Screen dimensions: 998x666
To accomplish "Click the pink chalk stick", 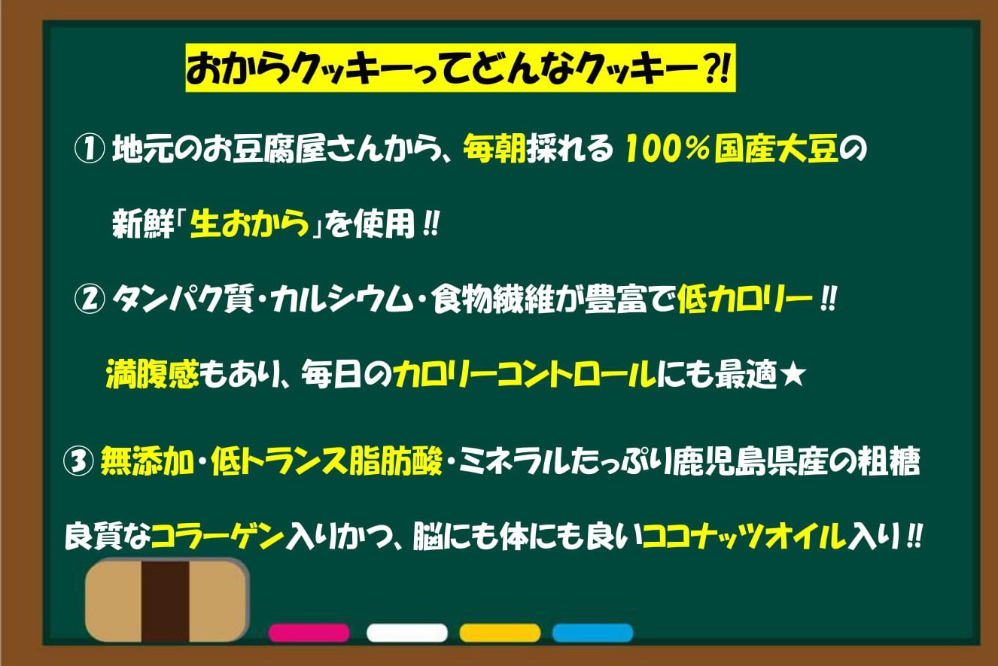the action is pyautogui.click(x=309, y=633).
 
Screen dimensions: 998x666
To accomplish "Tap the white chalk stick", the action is pyautogui.click(x=406, y=633).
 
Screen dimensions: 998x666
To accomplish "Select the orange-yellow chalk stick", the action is pyautogui.click(x=500, y=633).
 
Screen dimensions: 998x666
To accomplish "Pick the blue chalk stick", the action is pyautogui.click(x=592, y=633).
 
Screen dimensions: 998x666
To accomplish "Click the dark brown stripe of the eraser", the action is pyautogui.click(x=166, y=601).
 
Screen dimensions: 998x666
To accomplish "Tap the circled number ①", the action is pyautogui.click(x=90, y=149).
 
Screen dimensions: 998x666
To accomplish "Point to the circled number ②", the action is pyautogui.click(x=90, y=300).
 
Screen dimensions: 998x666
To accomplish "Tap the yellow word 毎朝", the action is pyautogui.click(x=494, y=149).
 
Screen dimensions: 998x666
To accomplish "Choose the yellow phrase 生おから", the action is pyautogui.click(x=250, y=224).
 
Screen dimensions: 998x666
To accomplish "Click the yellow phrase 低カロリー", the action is pyautogui.click(x=744, y=300).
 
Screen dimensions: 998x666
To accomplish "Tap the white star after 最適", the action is pyautogui.click(x=793, y=375).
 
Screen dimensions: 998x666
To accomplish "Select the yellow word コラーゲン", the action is pyautogui.click(x=218, y=537).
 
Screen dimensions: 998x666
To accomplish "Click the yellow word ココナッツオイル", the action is pyautogui.click(x=745, y=537).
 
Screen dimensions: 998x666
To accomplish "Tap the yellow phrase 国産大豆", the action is pyautogui.click(x=777, y=149).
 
